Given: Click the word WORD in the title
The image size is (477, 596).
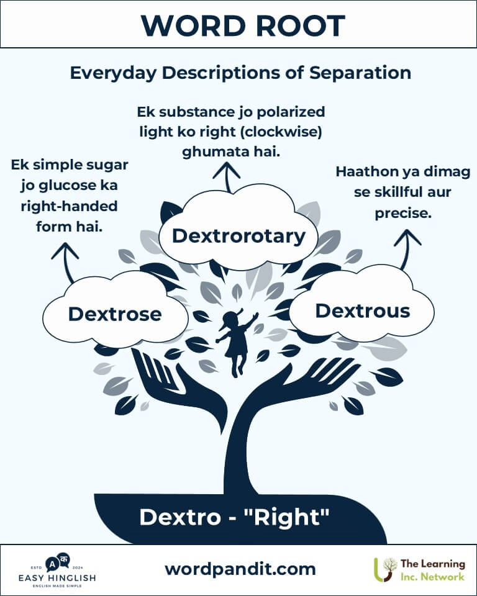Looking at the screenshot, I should click(189, 25).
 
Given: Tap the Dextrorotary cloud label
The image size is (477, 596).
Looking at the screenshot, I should click(238, 236).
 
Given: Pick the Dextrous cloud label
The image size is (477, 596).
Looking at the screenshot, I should click(363, 310).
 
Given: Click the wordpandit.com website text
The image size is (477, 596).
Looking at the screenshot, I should click(240, 569).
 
